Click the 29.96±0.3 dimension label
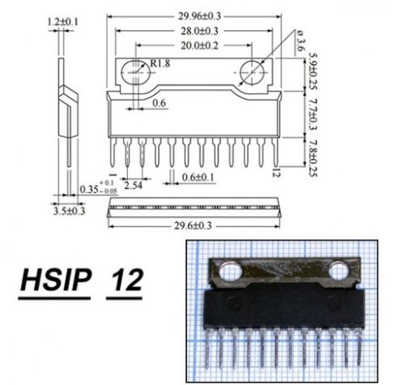(x=199, y=16)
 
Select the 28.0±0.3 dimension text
(x=199, y=31)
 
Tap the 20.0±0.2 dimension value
(x=199, y=45)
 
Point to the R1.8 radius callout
(x=160, y=63)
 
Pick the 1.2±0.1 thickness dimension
(x=63, y=22)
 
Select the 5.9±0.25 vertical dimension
(x=313, y=71)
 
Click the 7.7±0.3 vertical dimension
(x=313, y=114)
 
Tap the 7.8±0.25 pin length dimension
(x=313, y=158)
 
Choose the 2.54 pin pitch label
(x=133, y=186)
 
